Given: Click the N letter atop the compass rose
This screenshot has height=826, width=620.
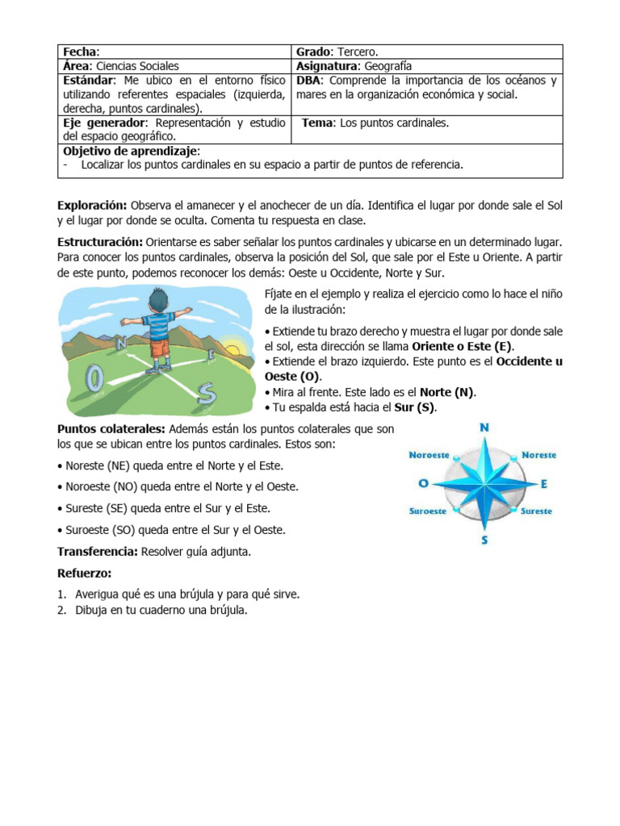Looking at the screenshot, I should click(x=484, y=428).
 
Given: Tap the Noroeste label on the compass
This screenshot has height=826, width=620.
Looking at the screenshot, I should click(x=429, y=455).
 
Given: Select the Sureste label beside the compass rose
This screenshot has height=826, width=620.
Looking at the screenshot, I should click(x=536, y=511).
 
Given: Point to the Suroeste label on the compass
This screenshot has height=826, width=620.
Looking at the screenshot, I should click(x=429, y=511).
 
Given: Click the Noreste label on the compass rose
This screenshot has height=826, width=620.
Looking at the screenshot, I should click(x=538, y=455).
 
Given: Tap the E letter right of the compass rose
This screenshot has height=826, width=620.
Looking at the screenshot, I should click(x=544, y=484).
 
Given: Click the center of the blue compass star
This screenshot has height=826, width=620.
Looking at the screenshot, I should click(x=484, y=483).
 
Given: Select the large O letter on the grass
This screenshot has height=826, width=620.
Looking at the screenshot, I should click(x=94, y=378).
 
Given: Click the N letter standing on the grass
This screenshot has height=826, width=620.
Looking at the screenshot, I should click(x=122, y=344).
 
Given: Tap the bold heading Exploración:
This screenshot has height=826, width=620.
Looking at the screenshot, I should click(x=92, y=206).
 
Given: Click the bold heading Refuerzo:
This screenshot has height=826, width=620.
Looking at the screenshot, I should click(x=84, y=574).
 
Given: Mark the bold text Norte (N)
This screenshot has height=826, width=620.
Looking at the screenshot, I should click(x=447, y=393).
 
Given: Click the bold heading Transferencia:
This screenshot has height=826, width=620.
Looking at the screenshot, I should click(x=98, y=553).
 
